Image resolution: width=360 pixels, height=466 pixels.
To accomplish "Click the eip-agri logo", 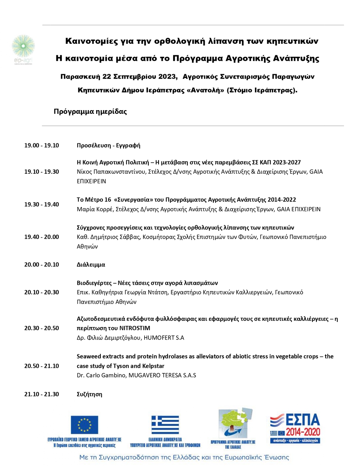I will coord(23,49).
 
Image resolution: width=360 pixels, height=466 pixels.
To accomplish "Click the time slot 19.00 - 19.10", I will coord(41,146).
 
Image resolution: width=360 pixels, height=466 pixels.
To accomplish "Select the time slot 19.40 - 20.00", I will coord(41,237).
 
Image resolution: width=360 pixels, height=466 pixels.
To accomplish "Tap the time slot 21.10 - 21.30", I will coord(41,394).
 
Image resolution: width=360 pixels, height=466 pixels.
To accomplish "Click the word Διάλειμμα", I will coord(91,265).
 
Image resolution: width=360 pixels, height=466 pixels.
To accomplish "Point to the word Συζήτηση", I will coord(89,394).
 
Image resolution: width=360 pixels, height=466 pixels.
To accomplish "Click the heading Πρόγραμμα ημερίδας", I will coord(90,112).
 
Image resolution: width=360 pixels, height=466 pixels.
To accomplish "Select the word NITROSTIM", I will coord(135,328).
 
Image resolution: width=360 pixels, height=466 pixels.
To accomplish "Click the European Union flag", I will coord(84,425).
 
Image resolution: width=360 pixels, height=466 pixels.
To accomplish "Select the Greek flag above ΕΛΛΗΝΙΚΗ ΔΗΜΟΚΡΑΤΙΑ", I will coord(165,425).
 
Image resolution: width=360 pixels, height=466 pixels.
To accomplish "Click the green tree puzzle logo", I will coord(234,423).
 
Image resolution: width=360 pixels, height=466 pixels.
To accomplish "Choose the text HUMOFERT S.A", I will coord(164,338).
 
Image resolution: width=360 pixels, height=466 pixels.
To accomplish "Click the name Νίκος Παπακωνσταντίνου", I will coord(111,172).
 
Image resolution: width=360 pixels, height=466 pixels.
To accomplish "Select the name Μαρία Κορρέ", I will coord(94,209).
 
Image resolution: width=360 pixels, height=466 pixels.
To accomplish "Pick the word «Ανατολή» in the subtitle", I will coord(205,90).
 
